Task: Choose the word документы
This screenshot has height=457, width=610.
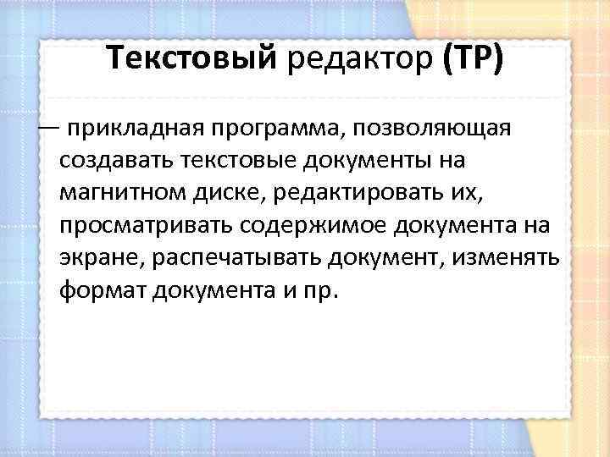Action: [x=370, y=160]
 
